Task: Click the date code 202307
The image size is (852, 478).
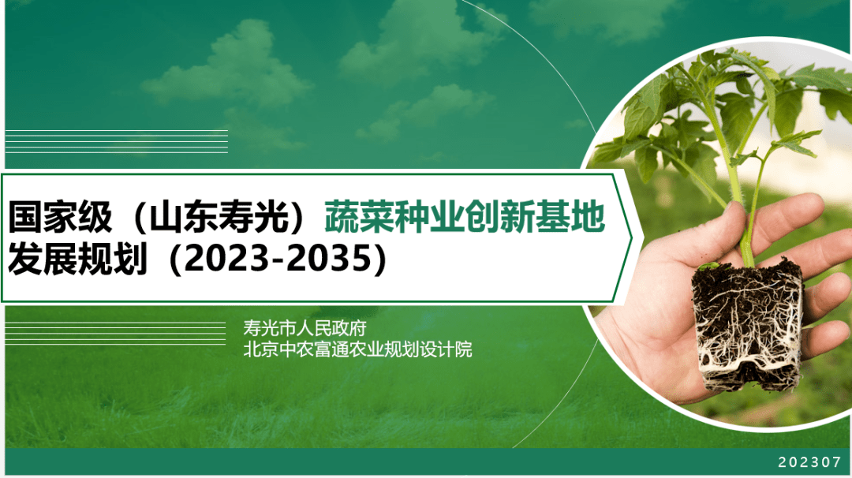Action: (x=809, y=462)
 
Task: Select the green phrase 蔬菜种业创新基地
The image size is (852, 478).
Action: (x=465, y=216)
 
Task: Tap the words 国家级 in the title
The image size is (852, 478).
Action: (x=60, y=216)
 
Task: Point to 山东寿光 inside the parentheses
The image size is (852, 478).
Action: (x=219, y=216)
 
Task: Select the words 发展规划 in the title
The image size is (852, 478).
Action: (x=77, y=258)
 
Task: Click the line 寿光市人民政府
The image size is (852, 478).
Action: (x=305, y=328)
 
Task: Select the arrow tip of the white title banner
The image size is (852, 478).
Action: (x=631, y=237)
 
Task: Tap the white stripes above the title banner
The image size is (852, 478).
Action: (x=116, y=141)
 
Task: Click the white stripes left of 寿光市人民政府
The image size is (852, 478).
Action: (x=115, y=333)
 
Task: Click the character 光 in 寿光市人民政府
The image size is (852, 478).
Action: (x=270, y=328)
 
